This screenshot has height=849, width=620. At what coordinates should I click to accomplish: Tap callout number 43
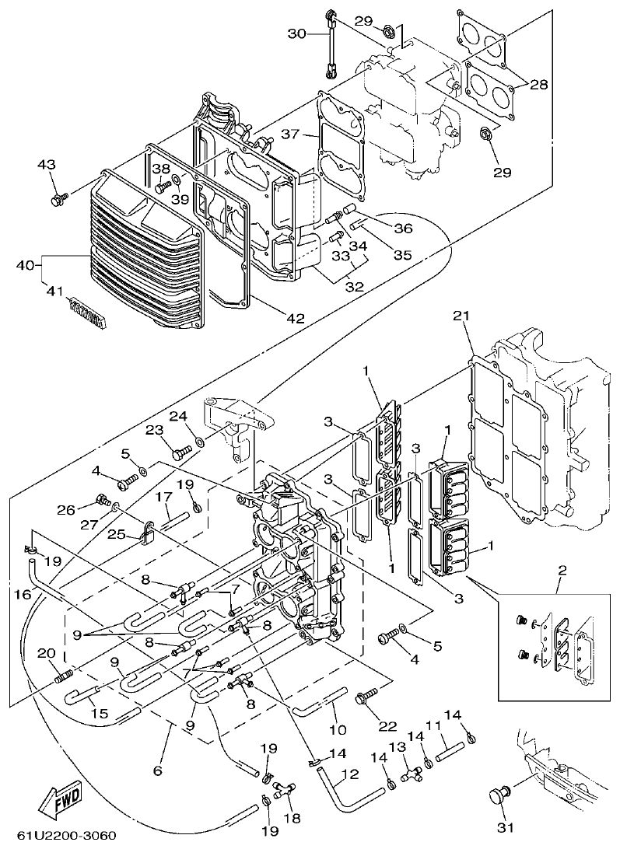click(x=47, y=165)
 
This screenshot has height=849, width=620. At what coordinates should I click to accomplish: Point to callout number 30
click(x=298, y=33)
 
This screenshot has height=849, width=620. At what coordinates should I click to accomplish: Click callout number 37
click(x=290, y=135)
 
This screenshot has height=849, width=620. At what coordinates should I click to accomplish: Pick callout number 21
click(x=462, y=315)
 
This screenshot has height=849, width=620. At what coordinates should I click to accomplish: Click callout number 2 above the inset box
click(x=562, y=571)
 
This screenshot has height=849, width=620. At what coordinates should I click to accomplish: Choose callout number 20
click(x=45, y=652)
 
